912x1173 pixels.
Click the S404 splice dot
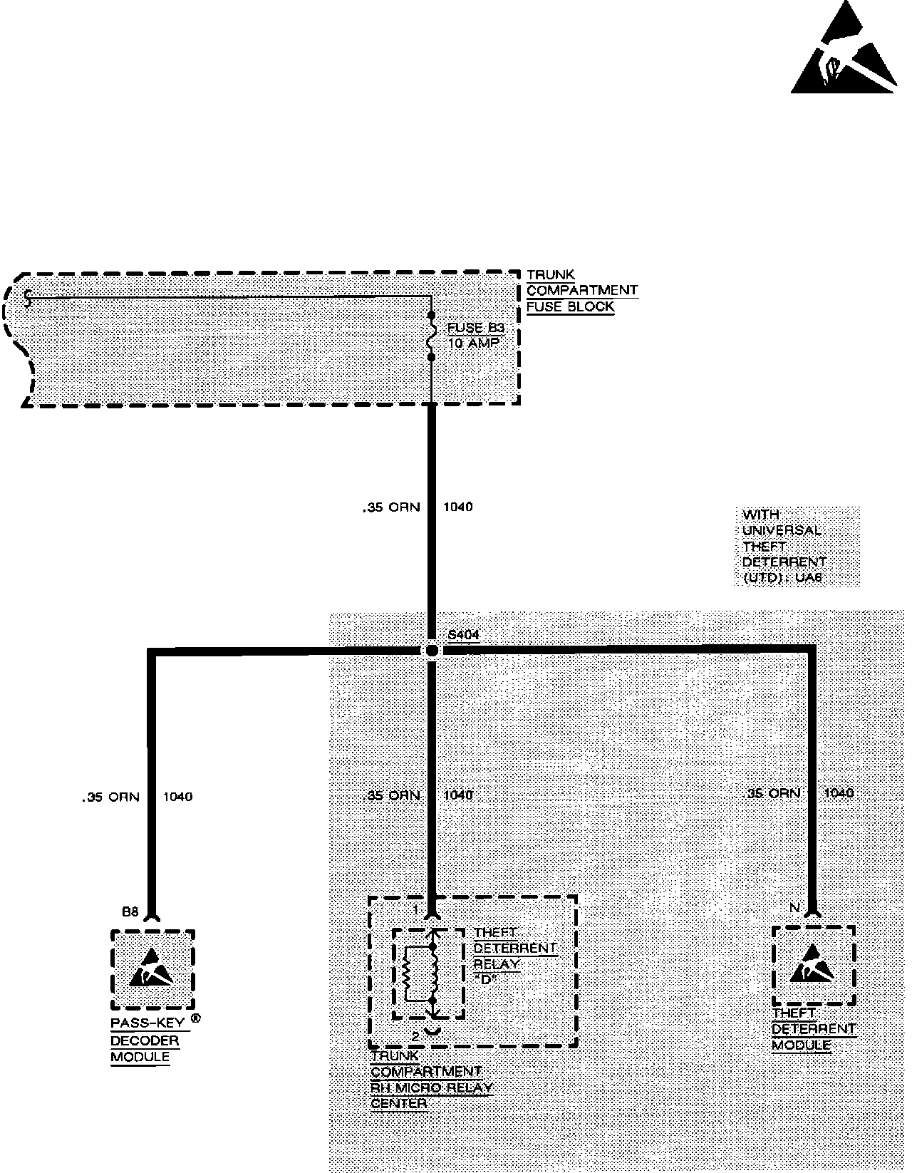tap(431, 650)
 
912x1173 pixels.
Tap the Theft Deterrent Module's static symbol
tap(813, 963)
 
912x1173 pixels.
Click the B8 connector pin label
tap(130, 911)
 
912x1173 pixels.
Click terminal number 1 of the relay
tap(415, 910)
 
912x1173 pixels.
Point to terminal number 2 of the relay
tap(415, 1036)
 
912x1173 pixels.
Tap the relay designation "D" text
tap(488, 979)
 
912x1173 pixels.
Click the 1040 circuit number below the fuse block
tap(457, 507)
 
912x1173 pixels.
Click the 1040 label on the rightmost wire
tap(839, 792)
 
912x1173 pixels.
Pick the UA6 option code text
tap(809, 578)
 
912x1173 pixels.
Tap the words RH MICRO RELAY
tap(432, 1088)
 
